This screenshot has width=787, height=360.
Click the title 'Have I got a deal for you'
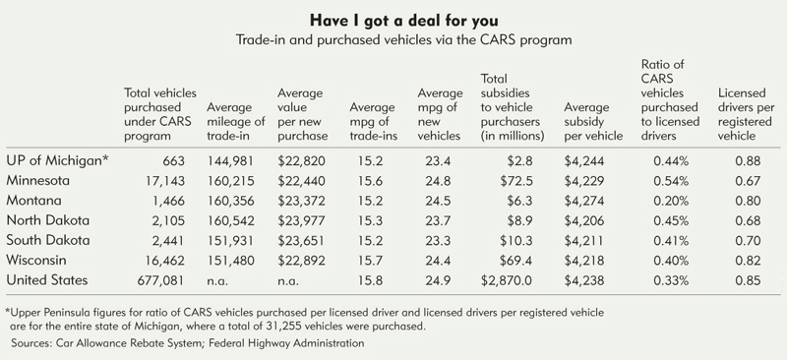point(403,21)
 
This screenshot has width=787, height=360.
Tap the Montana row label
point(33,201)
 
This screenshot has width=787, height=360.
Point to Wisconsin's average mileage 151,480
point(231,261)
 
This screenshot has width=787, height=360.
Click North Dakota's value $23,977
point(301,220)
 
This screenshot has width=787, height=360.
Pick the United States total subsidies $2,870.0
point(507,280)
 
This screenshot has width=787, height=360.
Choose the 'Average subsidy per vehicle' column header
point(593,122)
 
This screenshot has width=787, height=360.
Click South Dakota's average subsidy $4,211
point(583,241)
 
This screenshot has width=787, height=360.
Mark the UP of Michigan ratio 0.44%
point(671,161)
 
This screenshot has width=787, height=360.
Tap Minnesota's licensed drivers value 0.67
point(748,181)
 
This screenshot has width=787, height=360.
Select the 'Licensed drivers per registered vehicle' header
point(747,114)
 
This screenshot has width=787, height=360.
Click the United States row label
point(46,279)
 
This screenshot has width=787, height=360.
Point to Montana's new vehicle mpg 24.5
point(438,201)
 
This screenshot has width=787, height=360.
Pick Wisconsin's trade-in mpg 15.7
point(371,261)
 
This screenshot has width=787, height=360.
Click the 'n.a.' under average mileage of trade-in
point(217,281)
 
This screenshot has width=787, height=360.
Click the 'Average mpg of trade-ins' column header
point(374,122)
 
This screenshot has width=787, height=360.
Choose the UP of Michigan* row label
point(58,160)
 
